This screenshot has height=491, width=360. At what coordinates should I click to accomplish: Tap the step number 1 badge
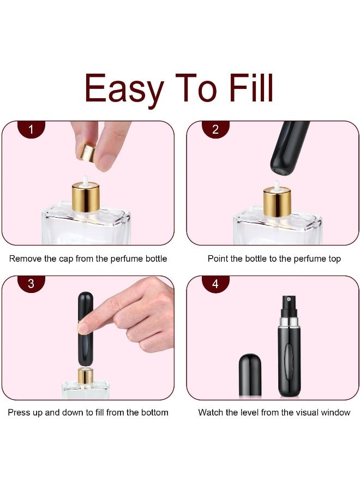tap(31, 130)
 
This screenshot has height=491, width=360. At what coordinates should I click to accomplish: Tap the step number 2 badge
tap(215, 130)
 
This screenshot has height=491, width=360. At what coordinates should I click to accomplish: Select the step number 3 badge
tap(31, 284)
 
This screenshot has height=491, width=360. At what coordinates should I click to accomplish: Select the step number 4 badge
tap(215, 284)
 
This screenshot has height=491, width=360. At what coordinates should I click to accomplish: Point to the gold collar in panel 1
tap(86, 197)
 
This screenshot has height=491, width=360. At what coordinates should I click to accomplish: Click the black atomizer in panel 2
tap(290, 147)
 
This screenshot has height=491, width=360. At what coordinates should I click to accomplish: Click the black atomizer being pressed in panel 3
tap(85, 327)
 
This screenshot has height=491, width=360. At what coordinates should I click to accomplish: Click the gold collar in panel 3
tap(85, 375)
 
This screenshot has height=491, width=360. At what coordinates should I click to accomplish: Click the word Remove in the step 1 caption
tap(25, 259)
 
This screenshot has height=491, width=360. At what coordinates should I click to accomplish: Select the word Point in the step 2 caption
tap(218, 259)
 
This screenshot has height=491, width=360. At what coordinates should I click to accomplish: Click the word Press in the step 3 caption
tap(19, 412)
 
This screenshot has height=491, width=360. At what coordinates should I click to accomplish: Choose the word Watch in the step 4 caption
tap(211, 412)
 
